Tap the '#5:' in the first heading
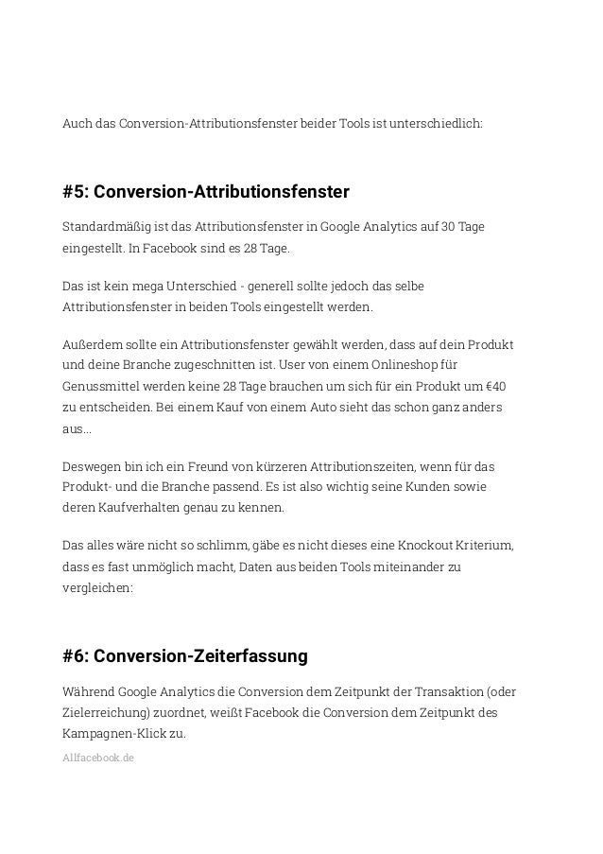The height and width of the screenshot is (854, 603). tap(78, 193)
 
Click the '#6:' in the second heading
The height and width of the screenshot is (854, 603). tap(79, 655)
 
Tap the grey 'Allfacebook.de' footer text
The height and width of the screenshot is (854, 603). tap(97, 757)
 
